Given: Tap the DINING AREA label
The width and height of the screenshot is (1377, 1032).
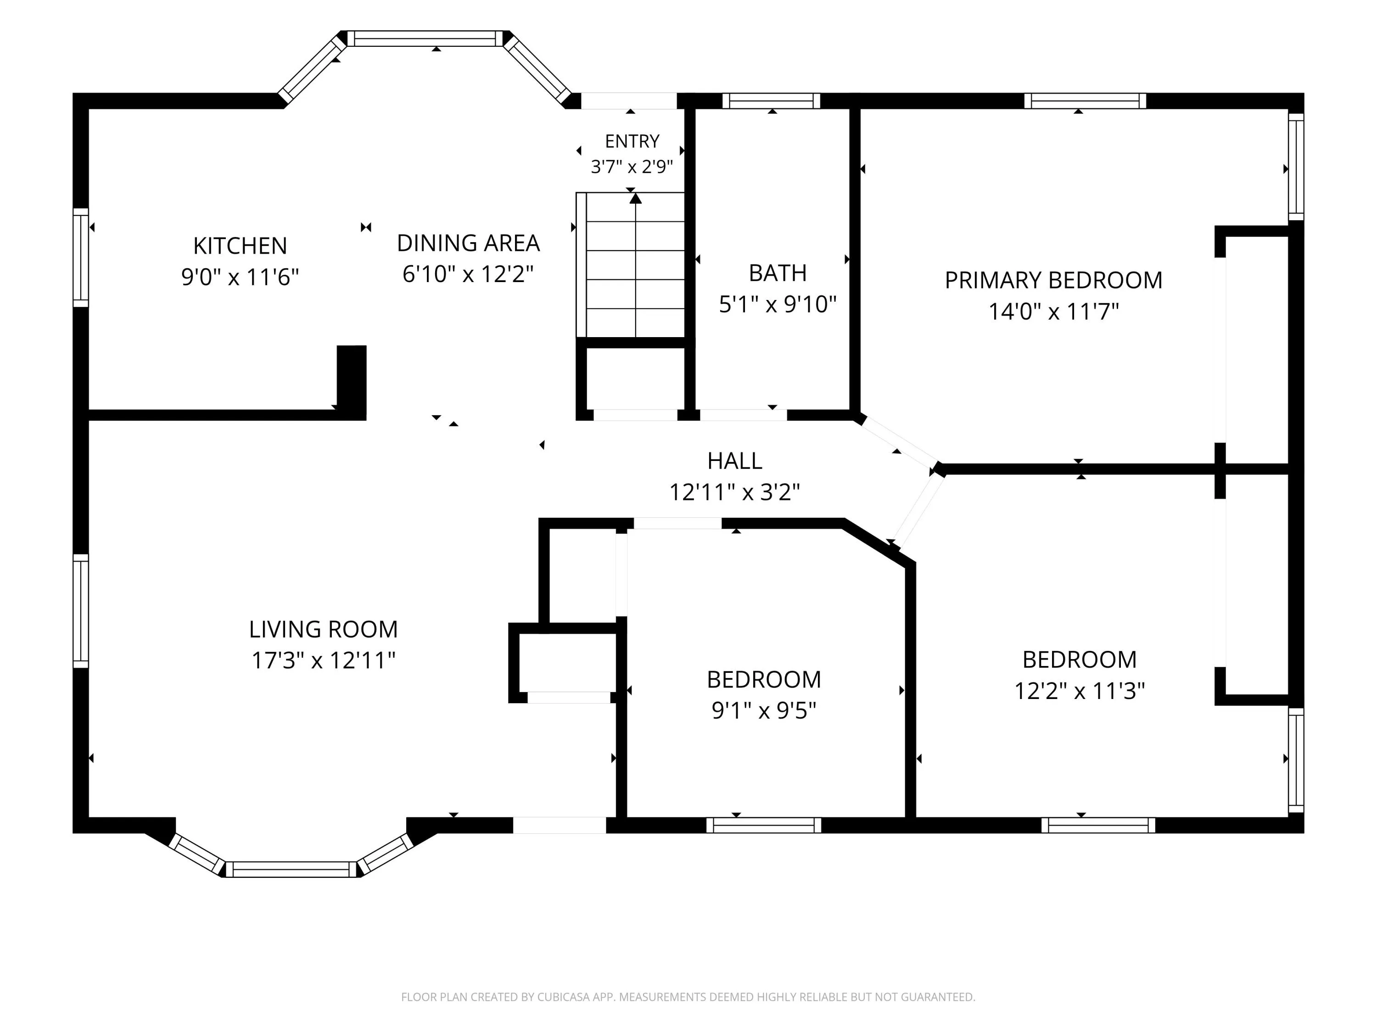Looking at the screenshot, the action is point(468,243).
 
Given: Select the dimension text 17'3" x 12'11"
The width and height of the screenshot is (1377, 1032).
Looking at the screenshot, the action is point(323,660).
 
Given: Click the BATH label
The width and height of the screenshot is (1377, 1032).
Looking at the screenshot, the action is point(778,273).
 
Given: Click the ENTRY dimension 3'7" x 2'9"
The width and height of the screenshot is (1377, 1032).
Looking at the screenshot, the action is point(632,166).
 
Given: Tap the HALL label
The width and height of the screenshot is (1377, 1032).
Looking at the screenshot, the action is point(734,461).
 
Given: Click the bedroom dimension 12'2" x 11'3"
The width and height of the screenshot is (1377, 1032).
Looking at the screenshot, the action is point(1080,690).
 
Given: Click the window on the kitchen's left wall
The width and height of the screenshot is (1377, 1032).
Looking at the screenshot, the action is point(81,257).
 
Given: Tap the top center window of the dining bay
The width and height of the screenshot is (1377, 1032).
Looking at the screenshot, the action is point(425,39).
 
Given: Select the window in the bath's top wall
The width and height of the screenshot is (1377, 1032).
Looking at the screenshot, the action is point(771,101).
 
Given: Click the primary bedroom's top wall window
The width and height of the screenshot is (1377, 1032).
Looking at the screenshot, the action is point(1085,101).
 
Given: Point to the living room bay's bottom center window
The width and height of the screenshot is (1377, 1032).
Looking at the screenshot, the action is point(291,869).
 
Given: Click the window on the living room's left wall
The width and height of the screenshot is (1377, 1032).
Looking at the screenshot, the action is point(81,611).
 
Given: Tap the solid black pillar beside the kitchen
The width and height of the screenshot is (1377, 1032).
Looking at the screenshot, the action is point(352,382).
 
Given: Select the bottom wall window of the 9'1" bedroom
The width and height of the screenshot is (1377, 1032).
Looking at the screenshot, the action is point(764,825).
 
